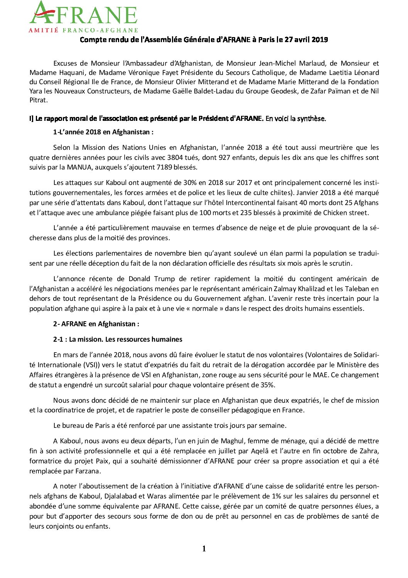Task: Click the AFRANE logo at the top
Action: click(83, 14)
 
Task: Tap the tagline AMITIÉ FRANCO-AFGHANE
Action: click(83, 30)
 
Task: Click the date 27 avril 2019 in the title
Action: click(306, 39)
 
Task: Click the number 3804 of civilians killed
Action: click(175, 158)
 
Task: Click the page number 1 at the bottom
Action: click(204, 549)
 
